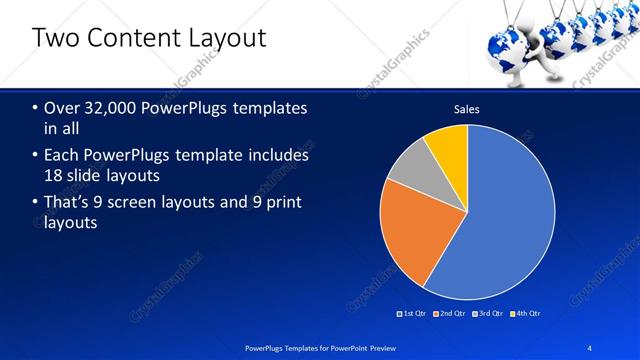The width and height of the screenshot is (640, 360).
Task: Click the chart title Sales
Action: pyautogui.click(x=467, y=109)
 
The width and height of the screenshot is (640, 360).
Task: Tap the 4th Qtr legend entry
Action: pyautogui.click(x=527, y=313)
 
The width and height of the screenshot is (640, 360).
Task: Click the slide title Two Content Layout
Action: pyautogui.click(x=149, y=38)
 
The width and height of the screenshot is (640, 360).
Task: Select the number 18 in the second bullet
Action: pyautogui.click(x=53, y=176)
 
